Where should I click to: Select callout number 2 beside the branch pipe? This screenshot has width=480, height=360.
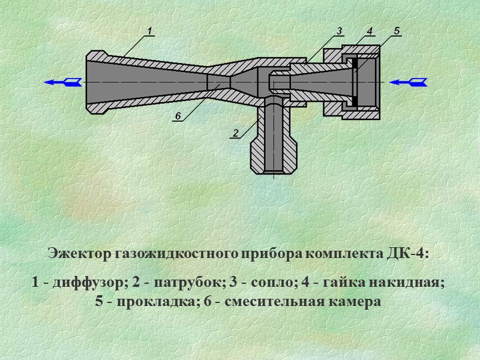click(x=236, y=132)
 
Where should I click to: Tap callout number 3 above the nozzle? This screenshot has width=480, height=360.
click(x=339, y=30)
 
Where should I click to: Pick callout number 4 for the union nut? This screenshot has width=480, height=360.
click(x=370, y=30)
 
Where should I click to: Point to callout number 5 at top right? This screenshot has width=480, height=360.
click(x=397, y=30)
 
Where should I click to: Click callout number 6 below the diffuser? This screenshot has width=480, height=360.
click(x=178, y=115)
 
